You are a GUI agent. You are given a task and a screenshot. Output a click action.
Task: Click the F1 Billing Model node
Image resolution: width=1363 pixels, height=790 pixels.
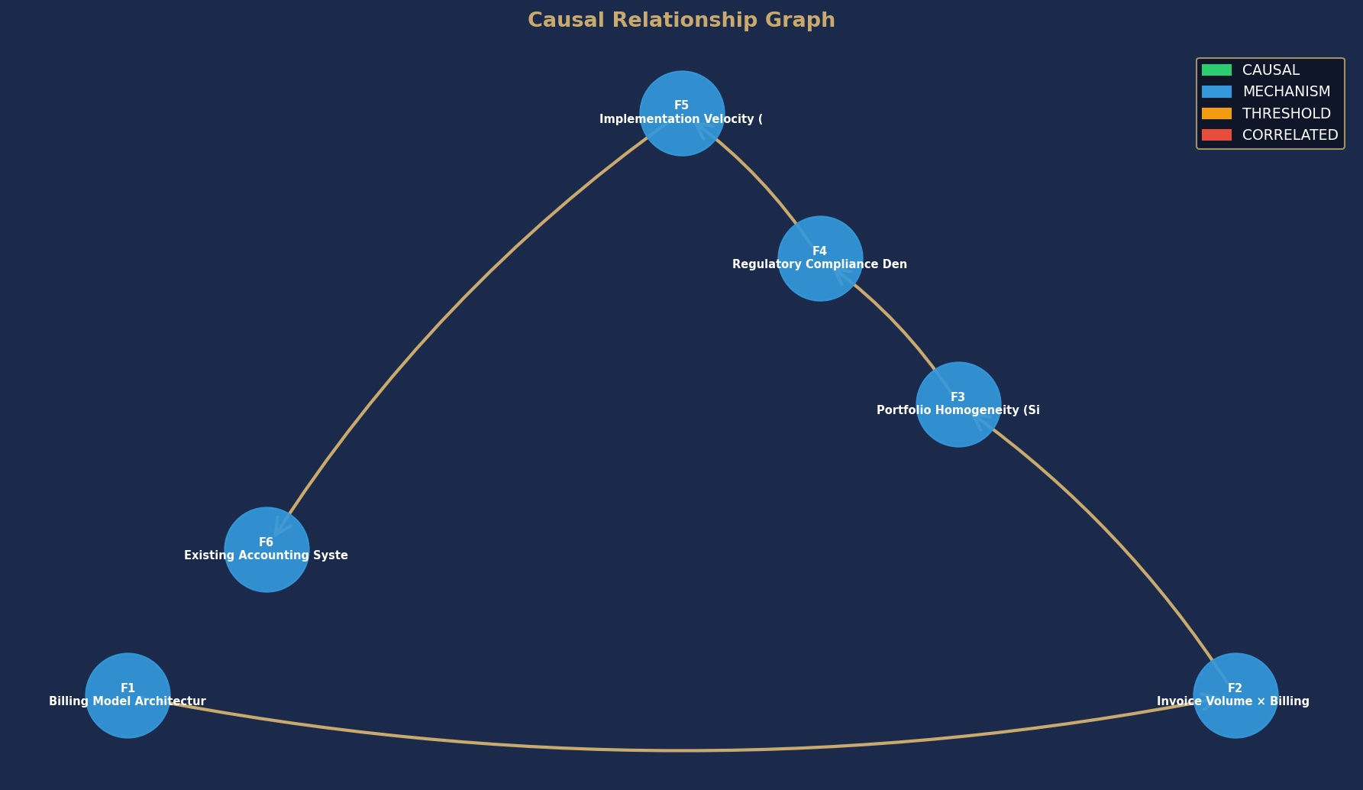pos(128,695)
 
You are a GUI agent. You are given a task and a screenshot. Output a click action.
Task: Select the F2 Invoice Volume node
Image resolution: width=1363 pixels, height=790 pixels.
pos(1235,695)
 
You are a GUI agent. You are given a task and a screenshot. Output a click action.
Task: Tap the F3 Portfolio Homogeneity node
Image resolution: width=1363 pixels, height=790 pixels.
pos(958,404)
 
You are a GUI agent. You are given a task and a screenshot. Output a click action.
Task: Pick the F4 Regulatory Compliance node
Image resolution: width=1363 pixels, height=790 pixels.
pos(820,258)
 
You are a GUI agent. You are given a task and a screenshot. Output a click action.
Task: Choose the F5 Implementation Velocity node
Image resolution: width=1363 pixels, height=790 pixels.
pos(682,113)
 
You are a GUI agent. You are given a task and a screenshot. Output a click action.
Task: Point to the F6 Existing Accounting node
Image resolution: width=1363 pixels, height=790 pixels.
pos(266,549)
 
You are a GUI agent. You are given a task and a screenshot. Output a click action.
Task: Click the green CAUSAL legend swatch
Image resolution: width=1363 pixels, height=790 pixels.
pos(1216,70)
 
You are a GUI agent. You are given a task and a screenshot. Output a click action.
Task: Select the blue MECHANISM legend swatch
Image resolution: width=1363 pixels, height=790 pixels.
pos(1216,92)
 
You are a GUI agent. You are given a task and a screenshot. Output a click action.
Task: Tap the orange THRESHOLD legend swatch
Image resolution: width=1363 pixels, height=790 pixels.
pos(1216,113)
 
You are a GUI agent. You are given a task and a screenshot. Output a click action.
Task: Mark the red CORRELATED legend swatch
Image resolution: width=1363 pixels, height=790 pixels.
pos(1216,135)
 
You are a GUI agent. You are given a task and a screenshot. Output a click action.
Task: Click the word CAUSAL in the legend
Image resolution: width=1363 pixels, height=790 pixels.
pos(1271,70)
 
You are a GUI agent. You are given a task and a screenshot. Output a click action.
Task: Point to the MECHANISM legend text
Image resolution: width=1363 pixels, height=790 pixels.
pos(1286,92)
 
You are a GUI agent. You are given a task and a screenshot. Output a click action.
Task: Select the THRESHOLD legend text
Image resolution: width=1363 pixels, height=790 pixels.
pos(1286,113)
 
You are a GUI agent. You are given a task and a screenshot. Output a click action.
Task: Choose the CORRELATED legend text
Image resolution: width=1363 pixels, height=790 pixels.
pos(1290,135)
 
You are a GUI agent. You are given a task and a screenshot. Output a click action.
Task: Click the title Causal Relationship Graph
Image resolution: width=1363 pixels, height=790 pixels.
pos(681,21)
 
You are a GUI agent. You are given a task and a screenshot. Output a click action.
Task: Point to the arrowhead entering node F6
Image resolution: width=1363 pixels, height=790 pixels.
pos(281,526)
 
